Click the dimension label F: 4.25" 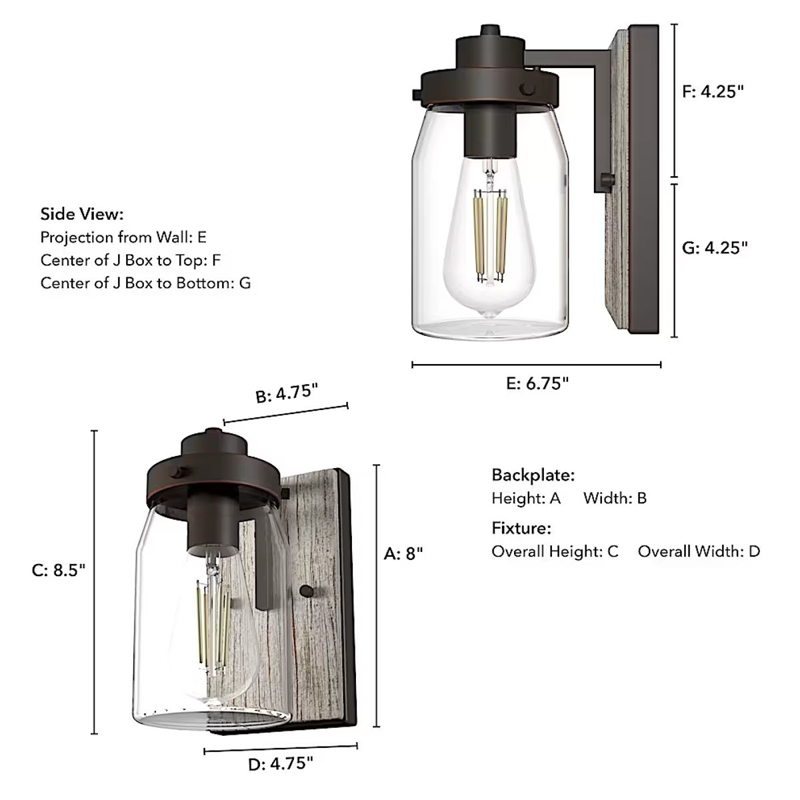click(713, 92)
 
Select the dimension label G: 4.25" click(715, 247)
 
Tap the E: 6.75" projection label click(537, 383)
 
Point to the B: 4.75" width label click(285, 393)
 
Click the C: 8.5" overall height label click(59, 571)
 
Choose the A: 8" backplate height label click(403, 553)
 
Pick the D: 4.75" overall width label click(280, 764)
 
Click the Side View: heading click(82, 214)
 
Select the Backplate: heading click(533, 475)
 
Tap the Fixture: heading click(521, 529)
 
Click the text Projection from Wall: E click(123, 237)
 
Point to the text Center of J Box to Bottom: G click(145, 283)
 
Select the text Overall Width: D click(698, 551)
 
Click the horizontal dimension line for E click(536, 365)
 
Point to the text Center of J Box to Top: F click(130, 260)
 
